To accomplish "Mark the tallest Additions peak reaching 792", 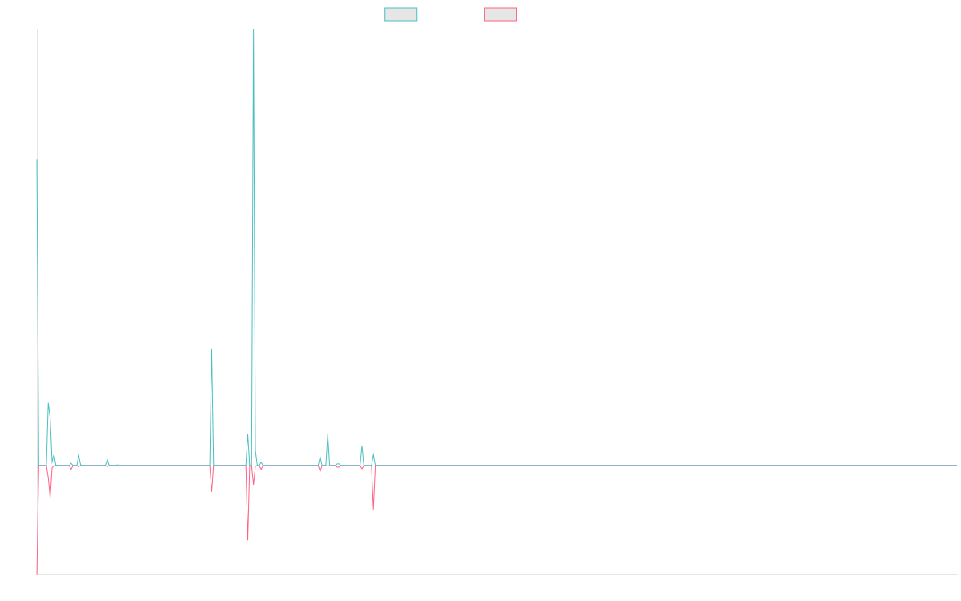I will (x=254, y=30).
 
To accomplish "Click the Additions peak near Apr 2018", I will (x=211, y=349).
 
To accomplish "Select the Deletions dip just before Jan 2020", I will (x=373, y=507).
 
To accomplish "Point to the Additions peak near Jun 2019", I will (x=328, y=434).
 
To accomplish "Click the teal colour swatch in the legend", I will (x=400, y=14).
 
